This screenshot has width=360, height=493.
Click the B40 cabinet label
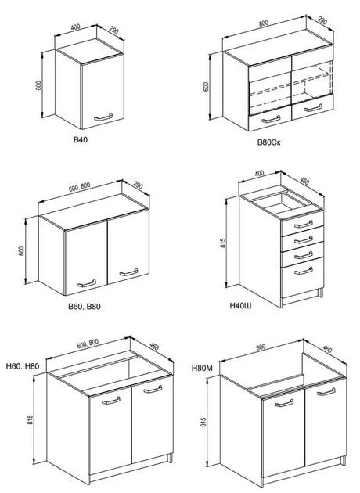coord(81,139)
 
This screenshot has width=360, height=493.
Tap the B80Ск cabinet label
coord(269,142)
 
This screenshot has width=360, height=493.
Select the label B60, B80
coord(85,306)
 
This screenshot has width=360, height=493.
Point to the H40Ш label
coord(240,305)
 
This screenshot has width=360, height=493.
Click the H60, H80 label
coord(23,366)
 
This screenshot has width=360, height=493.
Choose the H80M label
coord(202,368)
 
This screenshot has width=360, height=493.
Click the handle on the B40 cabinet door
coord(103,117)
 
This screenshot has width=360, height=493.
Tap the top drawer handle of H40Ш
coord(304,224)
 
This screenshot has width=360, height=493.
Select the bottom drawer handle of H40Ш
coord(304,271)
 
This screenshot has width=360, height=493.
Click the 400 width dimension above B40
coord(75,27)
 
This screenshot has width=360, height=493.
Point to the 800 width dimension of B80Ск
coord(264,23)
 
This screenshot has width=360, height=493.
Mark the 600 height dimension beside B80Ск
coord(206,86)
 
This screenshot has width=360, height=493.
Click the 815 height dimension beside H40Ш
coord(224,242)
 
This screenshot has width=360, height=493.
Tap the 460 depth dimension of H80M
coord(327,349)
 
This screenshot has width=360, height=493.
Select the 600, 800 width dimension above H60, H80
coord(88,344)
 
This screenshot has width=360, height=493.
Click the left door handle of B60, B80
coord(87,283)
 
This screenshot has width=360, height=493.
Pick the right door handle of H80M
coord(326,392)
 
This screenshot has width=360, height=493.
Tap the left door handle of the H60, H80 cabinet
coord(110,400)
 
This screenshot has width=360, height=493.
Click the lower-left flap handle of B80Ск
coord(271,119)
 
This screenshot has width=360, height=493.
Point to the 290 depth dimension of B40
coord(113,30)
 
